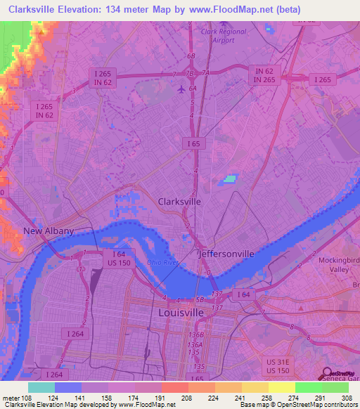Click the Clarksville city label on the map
coord(179,201)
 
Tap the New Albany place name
coord(48,231)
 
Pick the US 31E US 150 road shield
coord(278,365)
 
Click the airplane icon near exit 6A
coord(181,89)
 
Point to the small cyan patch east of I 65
coord(230,179)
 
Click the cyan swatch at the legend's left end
coord(41,387)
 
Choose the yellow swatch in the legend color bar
coord(281,387)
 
